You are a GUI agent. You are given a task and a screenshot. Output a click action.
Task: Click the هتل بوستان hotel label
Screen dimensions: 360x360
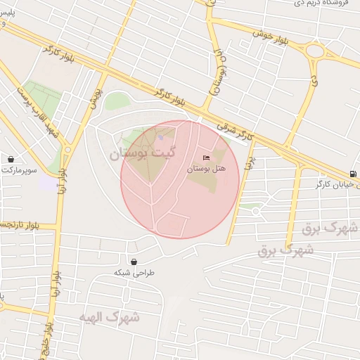point(205,169)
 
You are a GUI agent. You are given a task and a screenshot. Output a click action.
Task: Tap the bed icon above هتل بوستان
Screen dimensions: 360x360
point(206,157)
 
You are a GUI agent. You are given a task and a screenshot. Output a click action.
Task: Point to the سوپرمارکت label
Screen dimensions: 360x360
point(19,170)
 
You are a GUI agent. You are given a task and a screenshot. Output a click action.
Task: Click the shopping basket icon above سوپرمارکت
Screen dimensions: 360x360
point(11,159)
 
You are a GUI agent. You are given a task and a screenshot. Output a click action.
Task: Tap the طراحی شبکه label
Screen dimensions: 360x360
point(134,273)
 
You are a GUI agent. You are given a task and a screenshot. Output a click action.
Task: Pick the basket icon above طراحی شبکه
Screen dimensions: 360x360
point(134,262)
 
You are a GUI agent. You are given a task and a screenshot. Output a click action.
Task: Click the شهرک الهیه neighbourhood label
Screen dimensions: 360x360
point(109,317)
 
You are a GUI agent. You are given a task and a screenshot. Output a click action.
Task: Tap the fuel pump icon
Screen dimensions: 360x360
point(352,174)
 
